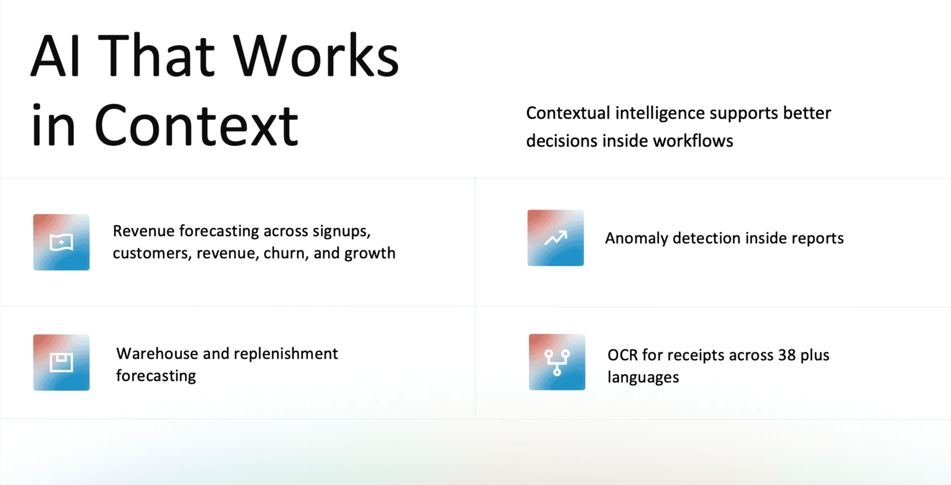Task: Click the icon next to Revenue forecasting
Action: (62, 242)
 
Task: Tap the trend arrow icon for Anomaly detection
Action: (555, 238)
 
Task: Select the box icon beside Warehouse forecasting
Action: (62, 363)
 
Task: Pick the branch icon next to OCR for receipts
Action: (557, 362)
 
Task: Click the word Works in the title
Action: (316, 56)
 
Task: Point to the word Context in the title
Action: (196, 125)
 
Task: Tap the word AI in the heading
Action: (55, 56)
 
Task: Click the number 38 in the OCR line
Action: (787, 355)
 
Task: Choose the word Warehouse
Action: (157, 354)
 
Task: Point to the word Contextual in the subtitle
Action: (568, 113)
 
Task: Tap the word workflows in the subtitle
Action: (693, 141)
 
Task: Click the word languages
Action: (643, 378)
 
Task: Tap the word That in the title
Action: (157, 56)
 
